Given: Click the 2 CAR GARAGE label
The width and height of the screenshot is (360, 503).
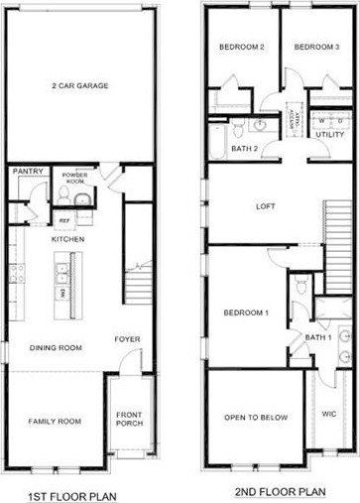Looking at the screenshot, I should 79,85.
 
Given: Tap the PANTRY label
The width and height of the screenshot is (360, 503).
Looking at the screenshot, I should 25,171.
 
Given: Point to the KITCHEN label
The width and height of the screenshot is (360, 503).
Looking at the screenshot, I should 67,239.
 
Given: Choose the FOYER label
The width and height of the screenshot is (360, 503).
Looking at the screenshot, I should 126,339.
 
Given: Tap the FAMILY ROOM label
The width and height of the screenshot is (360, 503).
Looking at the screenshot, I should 53,421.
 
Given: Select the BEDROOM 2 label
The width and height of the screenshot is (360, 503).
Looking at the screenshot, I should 241,48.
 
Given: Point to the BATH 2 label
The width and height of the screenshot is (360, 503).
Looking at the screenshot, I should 246,148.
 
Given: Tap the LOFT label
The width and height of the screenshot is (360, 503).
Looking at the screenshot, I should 265,206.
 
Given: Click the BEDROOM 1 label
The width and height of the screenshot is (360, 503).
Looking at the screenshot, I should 244,313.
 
